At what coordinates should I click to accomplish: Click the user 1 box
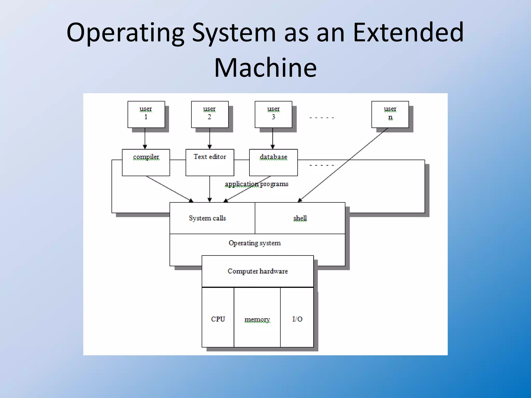coord(146,114)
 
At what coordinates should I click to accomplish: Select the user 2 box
coord(209,114)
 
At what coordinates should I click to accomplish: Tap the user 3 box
coord(273,114)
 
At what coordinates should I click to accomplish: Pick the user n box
coord(390,114)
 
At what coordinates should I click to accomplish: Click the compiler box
coord(146,162)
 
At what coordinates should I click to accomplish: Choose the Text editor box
coord(210,162)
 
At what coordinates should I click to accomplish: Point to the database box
coord(273,162)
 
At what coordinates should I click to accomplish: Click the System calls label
coord(207,218)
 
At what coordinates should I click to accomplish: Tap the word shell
coord(300,218)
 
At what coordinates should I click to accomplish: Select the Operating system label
coord(255,243)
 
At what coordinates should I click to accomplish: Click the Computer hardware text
coord(257,271)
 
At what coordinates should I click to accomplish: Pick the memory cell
coord(257,319)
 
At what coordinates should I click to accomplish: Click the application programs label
coord(256,184)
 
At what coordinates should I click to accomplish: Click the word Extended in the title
coord(408,32)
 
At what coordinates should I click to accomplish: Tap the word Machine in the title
coord(265,68)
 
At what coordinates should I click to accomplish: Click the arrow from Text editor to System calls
coord(210,189)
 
